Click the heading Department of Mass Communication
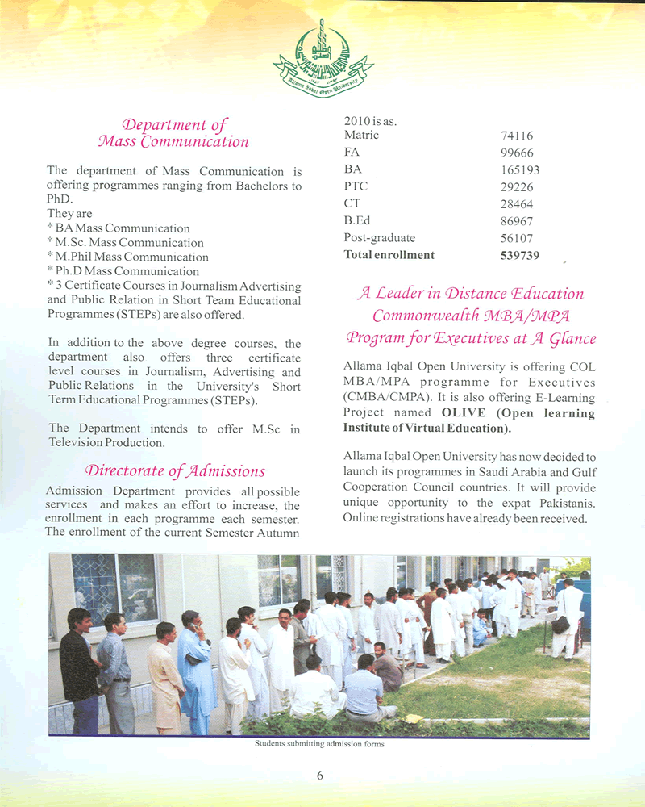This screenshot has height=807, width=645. click(x=173, y=133)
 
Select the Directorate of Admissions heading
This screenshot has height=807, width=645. click(x=175, y=470)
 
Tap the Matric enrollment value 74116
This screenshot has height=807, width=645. click(x=517, y=136)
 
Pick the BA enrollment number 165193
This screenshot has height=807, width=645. click(x=520, y=170)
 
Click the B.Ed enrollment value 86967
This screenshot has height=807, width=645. click(x=517, y=221)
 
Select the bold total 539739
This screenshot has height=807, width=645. click(x=520, y=255)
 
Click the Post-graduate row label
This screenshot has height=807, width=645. click(x=379, y=237)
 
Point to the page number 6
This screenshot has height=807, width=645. click(x=320, y=776)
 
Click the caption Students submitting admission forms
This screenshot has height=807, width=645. click(x=319, y=744)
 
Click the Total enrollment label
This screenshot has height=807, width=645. click(x=389, y=255)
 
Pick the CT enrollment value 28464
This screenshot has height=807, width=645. click(x=517, y=204)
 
